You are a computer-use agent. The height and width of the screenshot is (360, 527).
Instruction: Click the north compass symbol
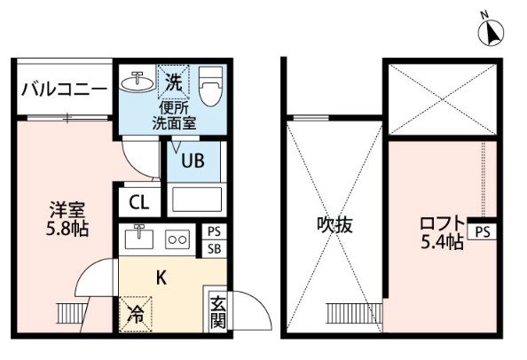[x=491, y=32]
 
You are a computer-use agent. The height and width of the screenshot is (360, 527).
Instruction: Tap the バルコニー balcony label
[x=64, y=90]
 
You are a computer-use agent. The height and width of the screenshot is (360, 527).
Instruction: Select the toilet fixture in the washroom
[x=210, y=86]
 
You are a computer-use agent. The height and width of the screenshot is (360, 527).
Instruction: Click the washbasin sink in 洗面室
[x=138, y=82]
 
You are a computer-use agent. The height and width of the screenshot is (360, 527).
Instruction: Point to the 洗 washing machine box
[x=174, y=82]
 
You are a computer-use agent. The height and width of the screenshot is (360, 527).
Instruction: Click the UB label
[x=193, y=160]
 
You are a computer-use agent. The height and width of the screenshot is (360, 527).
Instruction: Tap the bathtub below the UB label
[x=196, y=199]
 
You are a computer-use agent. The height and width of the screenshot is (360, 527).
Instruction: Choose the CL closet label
[x=139, y=202]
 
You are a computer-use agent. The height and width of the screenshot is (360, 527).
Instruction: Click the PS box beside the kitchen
[x=214, y=231]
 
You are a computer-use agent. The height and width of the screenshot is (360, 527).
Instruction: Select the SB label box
[x=214, y=249]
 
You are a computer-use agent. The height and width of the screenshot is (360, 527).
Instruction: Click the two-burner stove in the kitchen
[x=177, y=239]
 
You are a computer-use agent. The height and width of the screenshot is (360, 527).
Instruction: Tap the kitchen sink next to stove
[x=138, y=238]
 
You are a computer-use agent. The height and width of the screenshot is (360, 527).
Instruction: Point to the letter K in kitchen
[x=161, y=278]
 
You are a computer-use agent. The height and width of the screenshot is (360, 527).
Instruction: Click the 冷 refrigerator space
[x=136, y=314]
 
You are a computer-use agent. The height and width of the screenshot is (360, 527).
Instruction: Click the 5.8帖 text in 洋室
[x=67, y=229]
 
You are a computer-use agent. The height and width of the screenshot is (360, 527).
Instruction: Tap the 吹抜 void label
[x=334, y=224]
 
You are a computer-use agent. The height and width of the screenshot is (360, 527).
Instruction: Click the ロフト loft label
[x=442, y=223]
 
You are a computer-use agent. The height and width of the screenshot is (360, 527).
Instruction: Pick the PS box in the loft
[x=483, y=231]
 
